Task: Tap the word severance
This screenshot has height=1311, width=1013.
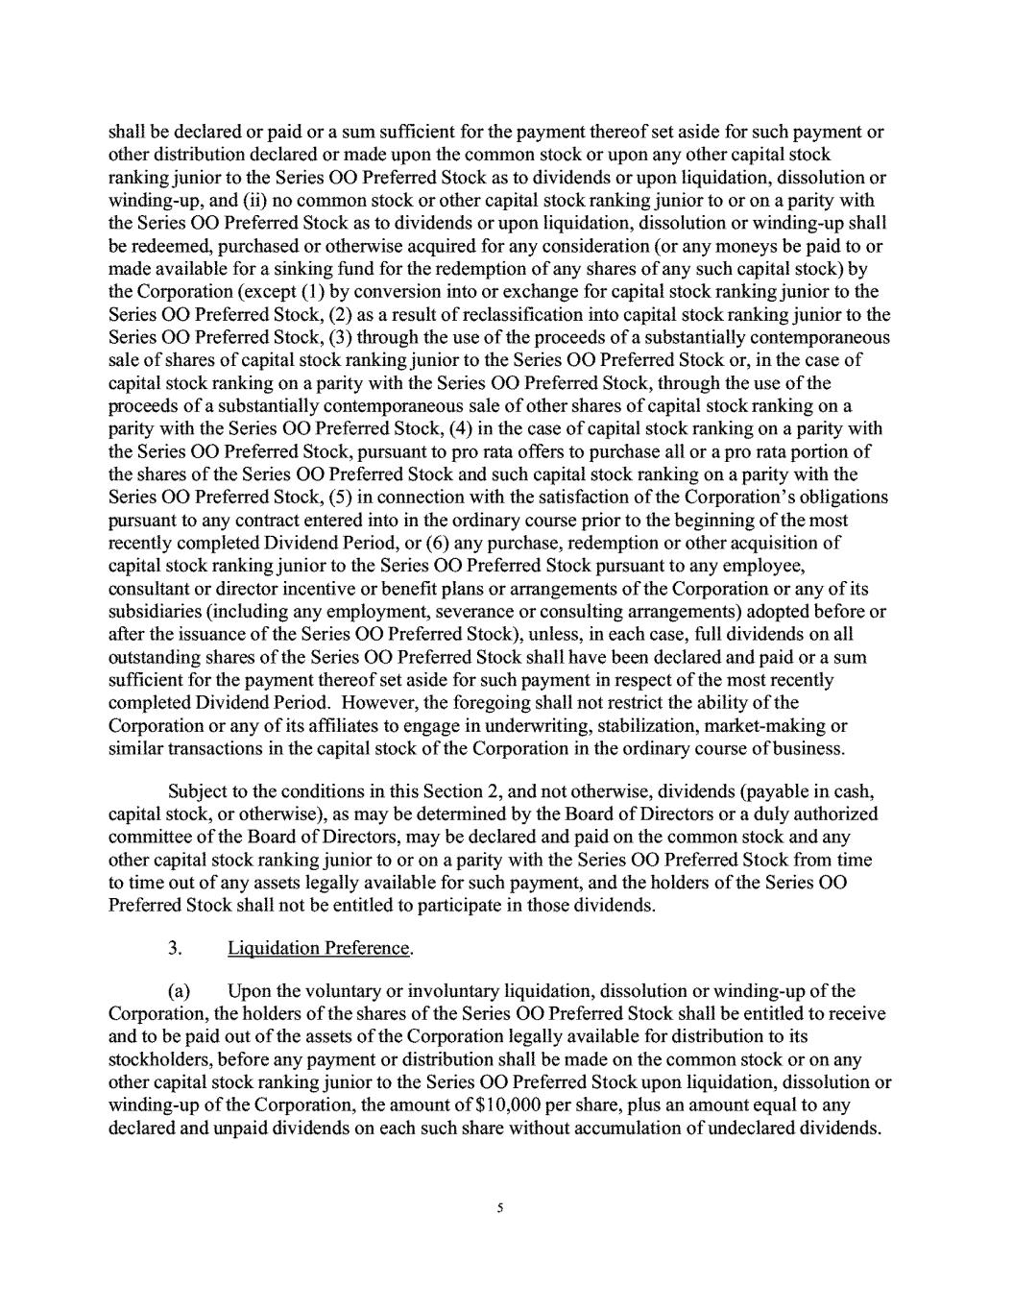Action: click(559, 611)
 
